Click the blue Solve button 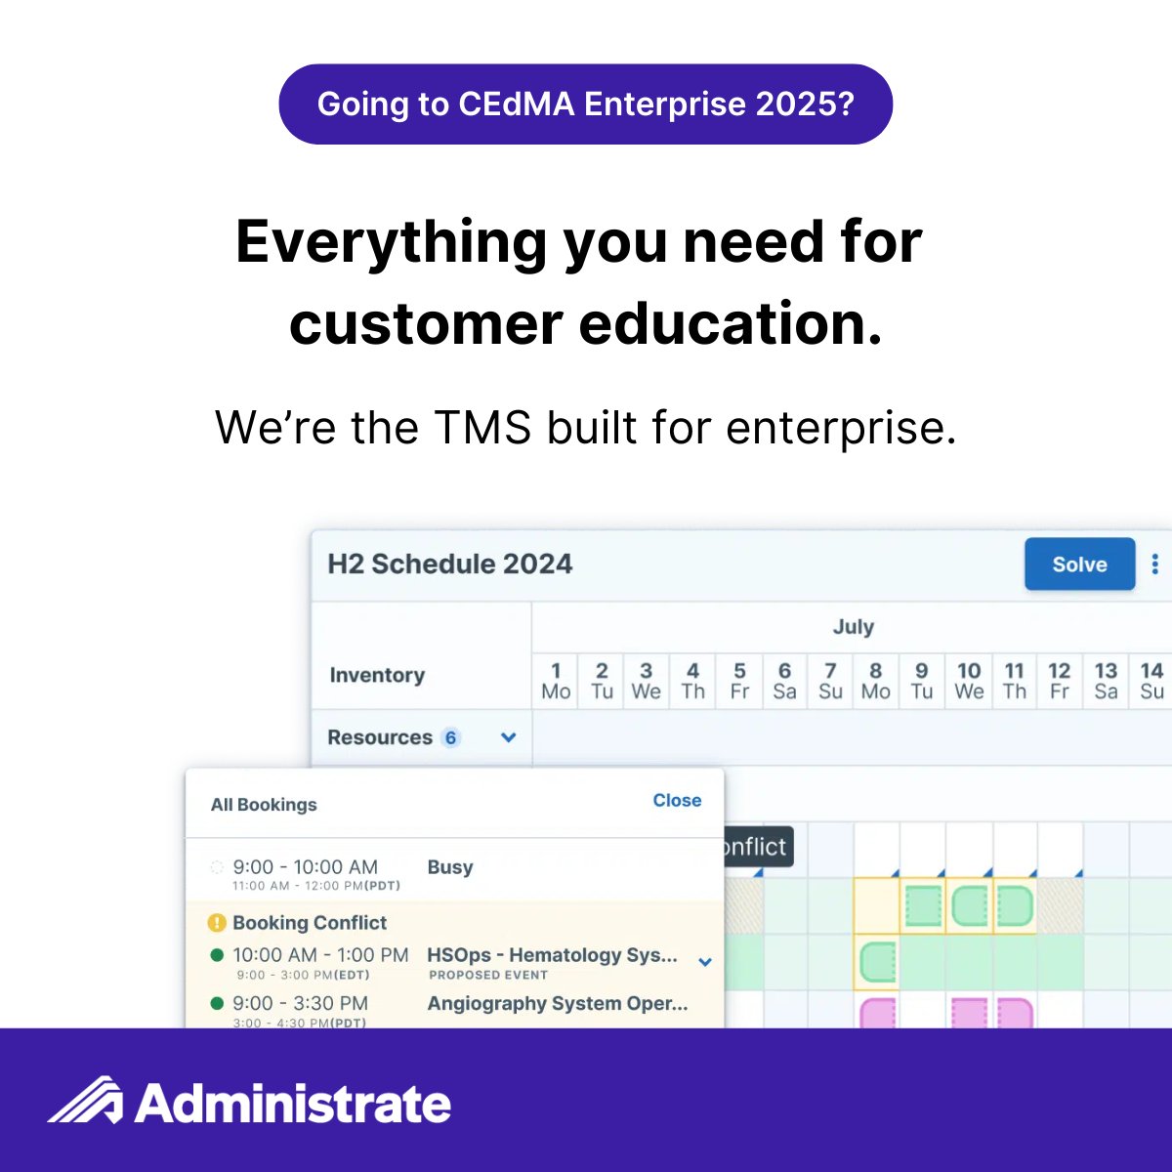pyautogui.click(x=1079, y=565)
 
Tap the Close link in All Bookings pyautogui.click(x=677, y=801)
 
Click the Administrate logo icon pyautogui.click(x=86, y=1101)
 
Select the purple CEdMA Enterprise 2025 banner pyautogui.click(x=586, y=105)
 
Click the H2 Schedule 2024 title pyautogui.click(x=450, y=565)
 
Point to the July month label pyautogui.click(x=853, y=627)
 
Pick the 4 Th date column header pyautogui.click(x=692, y=681)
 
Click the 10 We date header pyautogui.click(x=969, y=681)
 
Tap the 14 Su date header pyautogui.click(x=1151, y=681)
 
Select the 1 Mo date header pyautogui.click(x=556, y=681)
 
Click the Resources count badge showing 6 pyautogui.click(x=450, y=738)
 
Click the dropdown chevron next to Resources pyautogui.click(x=508, y=738)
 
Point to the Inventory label pyautogui.click(x=377, y=675)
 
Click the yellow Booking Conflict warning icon pyautogui.click(x=217, y=923)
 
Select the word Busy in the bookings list pyautogui.click(x=450, y=867)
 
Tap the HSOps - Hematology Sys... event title pyautogui.click(x=552, y=955)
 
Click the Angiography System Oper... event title pyautogui.click(x=558, y=1004)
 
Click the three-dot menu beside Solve pyautogui.click(x=1154, y=565)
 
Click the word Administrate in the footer pyautogui.click(x=293, y=1104)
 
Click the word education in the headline pyautogui.click(x=730, y=324)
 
